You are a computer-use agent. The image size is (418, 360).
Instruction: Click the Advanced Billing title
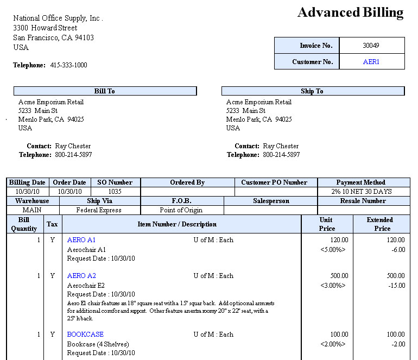[350, 12]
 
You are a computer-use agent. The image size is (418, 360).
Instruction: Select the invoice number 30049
[371, 46]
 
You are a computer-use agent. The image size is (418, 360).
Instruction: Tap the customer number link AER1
[371, 62]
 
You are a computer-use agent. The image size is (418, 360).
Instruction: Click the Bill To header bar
[105, 91]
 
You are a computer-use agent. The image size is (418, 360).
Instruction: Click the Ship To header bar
[312, 91]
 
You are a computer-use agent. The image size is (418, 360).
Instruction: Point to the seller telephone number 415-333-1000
[68, 65]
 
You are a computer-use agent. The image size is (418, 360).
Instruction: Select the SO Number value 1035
[115, 192]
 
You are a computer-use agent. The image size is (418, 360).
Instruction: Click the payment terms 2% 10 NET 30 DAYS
[363, 192]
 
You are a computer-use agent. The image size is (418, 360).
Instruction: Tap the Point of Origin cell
[181, 210]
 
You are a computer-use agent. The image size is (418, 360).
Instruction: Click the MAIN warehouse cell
[32, 210]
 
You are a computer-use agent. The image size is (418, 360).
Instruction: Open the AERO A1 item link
[81, 239]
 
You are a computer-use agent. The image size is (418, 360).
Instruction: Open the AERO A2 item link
[81, 276]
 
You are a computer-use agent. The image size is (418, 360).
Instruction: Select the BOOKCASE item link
[85, 334]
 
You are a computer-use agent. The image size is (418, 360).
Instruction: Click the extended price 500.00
[395, 276]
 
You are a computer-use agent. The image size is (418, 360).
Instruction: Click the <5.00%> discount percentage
[333, 250]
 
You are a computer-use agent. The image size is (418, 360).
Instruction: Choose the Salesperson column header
[270, 201]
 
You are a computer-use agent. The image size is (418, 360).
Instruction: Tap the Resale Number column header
[363, 201]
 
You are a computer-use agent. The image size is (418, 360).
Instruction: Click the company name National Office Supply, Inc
[58, 18]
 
